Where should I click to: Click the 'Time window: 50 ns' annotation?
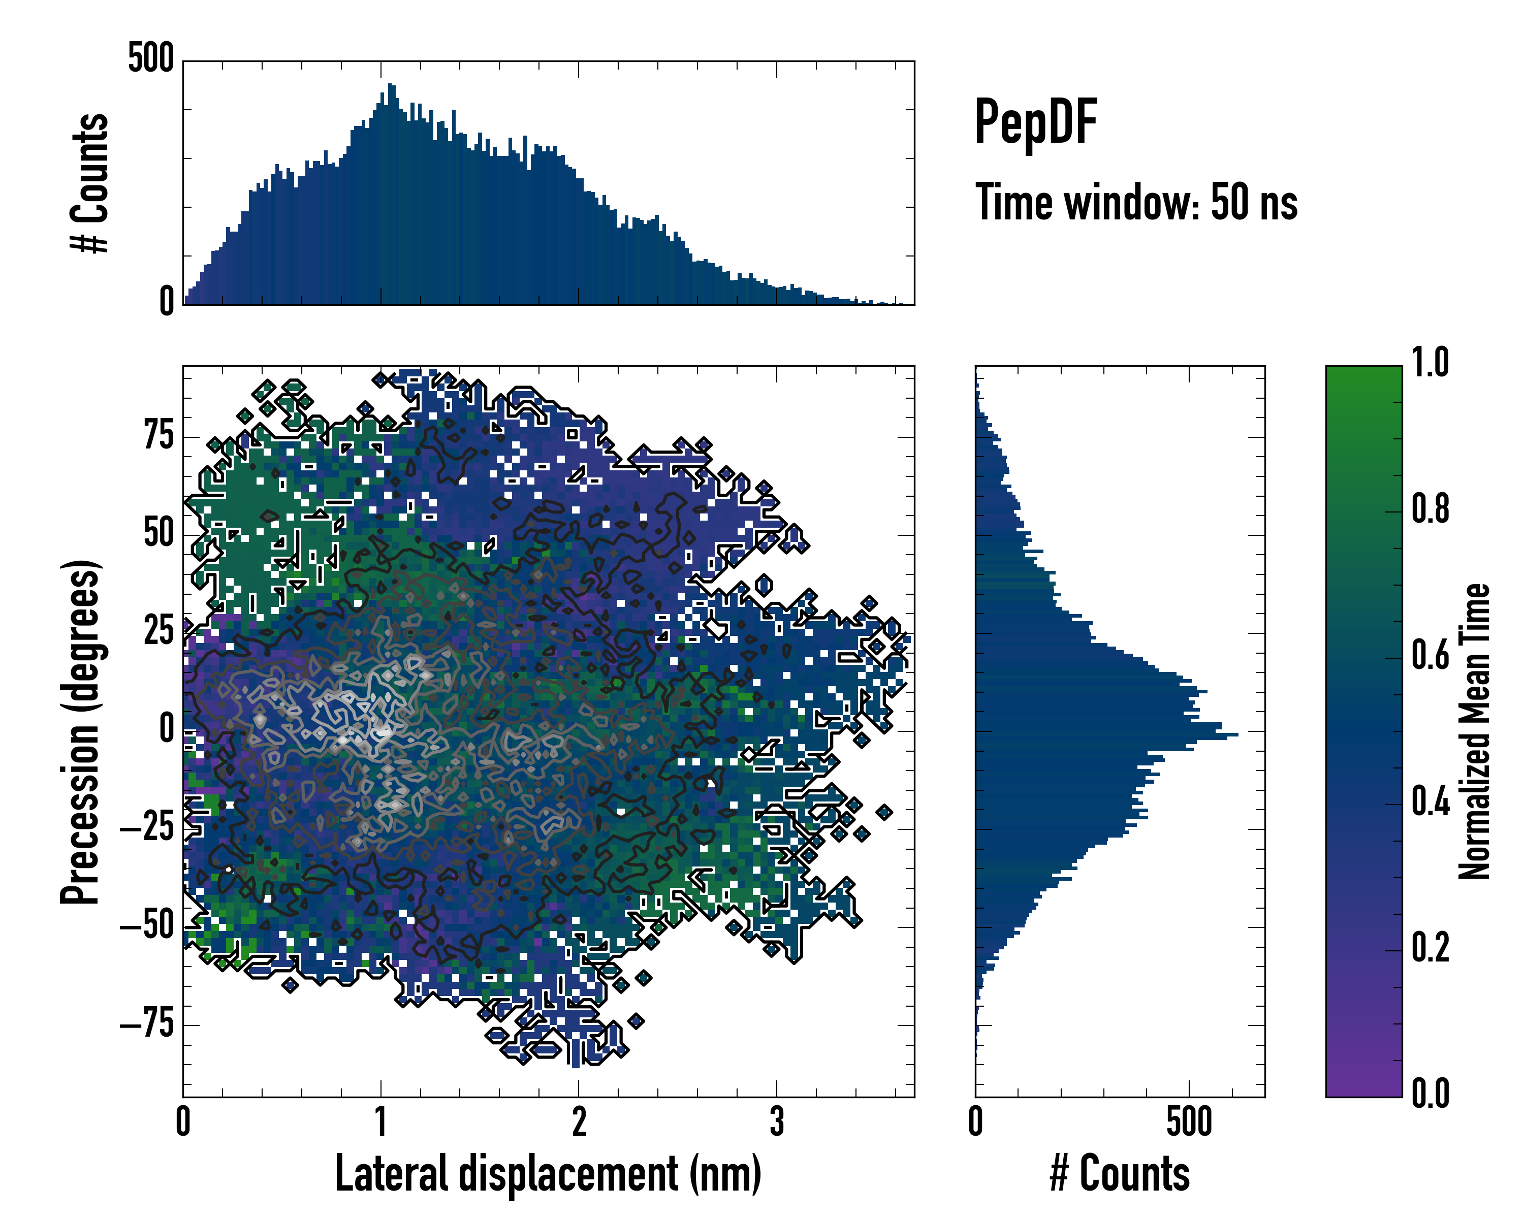(1136, 203)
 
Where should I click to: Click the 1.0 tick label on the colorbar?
(1430, 363)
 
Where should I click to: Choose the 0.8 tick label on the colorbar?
(1430, 509)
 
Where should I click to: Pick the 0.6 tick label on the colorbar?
(1430, 655)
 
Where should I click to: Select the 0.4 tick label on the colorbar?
(1430, 802)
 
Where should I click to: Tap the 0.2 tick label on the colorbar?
(1430, 948)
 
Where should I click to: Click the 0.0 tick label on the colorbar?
(1430, 1093)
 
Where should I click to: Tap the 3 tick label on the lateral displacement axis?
(777, 1122)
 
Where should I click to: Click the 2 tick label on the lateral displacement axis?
(579, 1122)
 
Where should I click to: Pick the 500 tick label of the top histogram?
(150, 58)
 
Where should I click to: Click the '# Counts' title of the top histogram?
(90, 182)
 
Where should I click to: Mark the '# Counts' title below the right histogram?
(1120, 1174)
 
